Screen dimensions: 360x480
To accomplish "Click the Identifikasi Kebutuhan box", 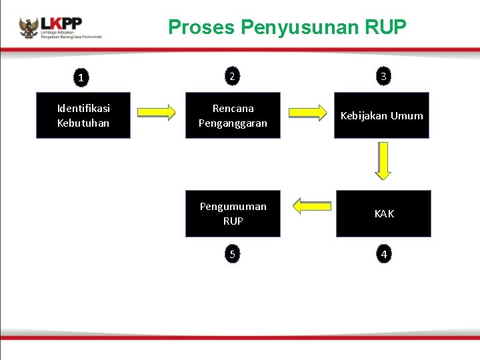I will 83,115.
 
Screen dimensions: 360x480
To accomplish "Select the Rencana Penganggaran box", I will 233,115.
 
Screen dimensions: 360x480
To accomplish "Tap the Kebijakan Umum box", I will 381,115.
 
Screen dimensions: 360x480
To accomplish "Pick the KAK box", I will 383,213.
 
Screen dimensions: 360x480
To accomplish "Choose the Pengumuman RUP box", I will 233,213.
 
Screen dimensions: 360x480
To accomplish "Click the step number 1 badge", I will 81,78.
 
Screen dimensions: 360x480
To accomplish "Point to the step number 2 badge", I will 231,77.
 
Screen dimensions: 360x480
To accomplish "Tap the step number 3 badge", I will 383,77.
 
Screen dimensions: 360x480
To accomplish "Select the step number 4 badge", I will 383,254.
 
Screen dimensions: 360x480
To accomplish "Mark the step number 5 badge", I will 231,254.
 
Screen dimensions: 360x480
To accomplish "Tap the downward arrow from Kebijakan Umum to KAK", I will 383,162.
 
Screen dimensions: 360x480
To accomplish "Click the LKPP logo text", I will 61,23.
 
